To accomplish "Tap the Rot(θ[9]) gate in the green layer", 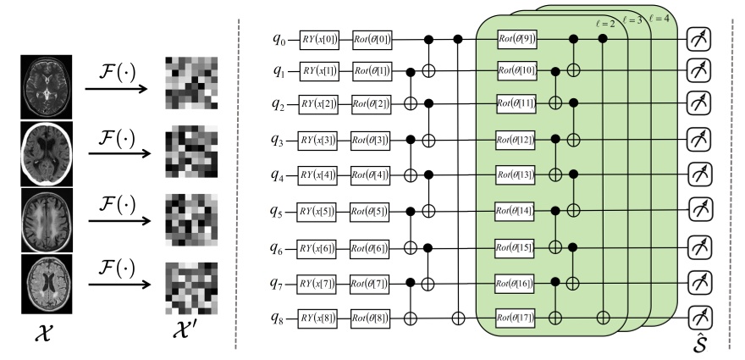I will click(516, 39).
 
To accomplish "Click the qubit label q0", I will click(279, 39).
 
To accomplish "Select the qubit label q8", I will click(279, 318).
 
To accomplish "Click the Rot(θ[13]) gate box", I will click(516, 176).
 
